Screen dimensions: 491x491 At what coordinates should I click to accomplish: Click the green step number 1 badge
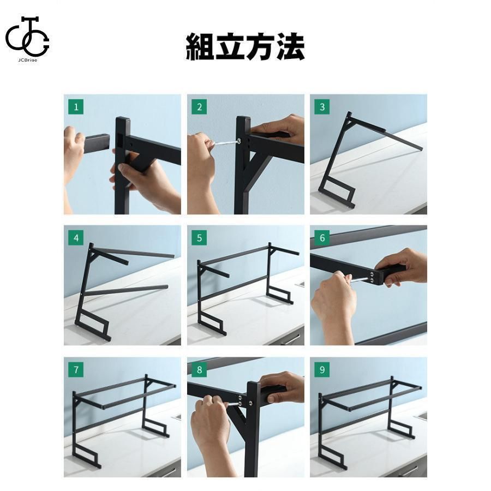click(76, 107)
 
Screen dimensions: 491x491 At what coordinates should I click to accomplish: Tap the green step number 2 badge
click(199, 107)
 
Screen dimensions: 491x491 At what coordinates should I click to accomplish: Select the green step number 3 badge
click(322, 107)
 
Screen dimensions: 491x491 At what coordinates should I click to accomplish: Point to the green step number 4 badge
click(76, 238)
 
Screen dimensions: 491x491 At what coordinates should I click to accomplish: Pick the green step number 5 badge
click(199, 238)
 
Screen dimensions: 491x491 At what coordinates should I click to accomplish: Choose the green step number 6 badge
click(322, 238)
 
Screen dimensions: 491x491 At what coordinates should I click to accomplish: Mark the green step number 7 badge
click(76, 370)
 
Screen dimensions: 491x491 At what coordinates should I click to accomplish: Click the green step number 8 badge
click(199, 370)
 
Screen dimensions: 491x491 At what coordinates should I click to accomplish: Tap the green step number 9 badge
click(322, 370)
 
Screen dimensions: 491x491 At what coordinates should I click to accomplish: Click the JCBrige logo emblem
click(27, 37)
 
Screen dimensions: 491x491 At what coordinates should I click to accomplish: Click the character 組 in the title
click(200, 47)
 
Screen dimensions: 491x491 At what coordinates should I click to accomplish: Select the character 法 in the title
click(290, 47)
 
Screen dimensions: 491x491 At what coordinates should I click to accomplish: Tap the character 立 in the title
click(230, 47)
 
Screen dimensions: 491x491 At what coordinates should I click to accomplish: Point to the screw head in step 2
click(239, 141)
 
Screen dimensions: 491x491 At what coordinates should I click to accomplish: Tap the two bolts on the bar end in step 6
click(372, 278)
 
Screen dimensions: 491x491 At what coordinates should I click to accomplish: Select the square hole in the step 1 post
click(121, 141)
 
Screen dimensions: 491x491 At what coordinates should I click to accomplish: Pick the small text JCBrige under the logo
click(28, 60)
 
